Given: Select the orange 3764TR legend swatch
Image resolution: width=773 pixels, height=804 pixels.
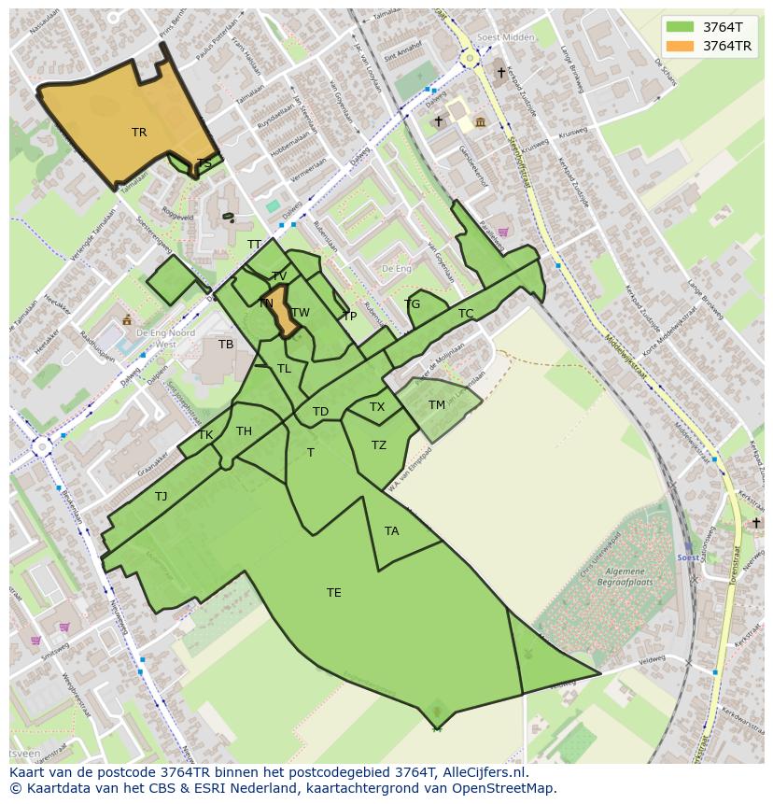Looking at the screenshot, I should coord(681,46).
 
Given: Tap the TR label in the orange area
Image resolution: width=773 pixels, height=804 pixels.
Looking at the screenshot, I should coord(139,133).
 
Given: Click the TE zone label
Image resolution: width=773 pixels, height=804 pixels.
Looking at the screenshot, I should coord(333,593).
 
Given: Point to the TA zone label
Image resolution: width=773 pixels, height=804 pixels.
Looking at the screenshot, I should coord(391,531).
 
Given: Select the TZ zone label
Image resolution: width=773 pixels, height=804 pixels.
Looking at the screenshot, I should coord(378,445).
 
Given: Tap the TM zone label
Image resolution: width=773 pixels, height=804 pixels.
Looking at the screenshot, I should coord(437,405).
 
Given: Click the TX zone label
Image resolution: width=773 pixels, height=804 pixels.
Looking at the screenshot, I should coord(376,407).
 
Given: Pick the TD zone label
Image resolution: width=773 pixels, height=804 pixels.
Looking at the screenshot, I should coord(320,412).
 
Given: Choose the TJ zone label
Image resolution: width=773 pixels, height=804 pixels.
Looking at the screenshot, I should coord(162,497).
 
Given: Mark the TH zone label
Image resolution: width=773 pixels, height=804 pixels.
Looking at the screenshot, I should coord(244,431).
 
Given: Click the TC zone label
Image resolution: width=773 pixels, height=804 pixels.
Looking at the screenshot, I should coord(466,314).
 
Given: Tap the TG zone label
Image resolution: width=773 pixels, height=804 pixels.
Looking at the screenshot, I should coord(413,304).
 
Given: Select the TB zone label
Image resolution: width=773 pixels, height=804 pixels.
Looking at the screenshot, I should coord(226,345).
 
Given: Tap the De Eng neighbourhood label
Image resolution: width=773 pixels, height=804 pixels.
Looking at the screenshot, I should coord(397,269).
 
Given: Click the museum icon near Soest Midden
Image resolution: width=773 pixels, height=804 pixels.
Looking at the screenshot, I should coord(480,121).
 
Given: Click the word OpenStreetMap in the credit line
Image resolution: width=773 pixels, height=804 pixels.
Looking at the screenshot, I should coord(501,788).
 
